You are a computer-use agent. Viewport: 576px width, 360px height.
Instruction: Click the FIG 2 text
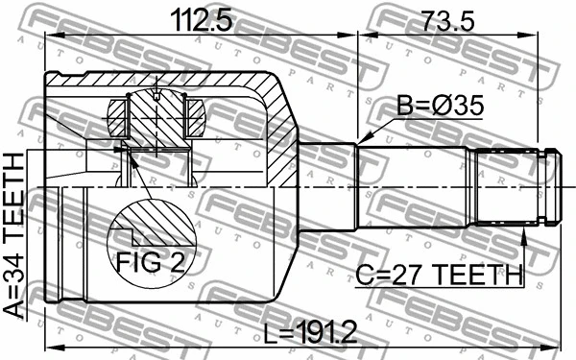tap(150, 258)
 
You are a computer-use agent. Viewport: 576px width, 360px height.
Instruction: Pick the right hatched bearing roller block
tap(194, 117)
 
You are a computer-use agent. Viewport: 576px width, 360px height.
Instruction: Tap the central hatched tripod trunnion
tap(156, 120)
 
